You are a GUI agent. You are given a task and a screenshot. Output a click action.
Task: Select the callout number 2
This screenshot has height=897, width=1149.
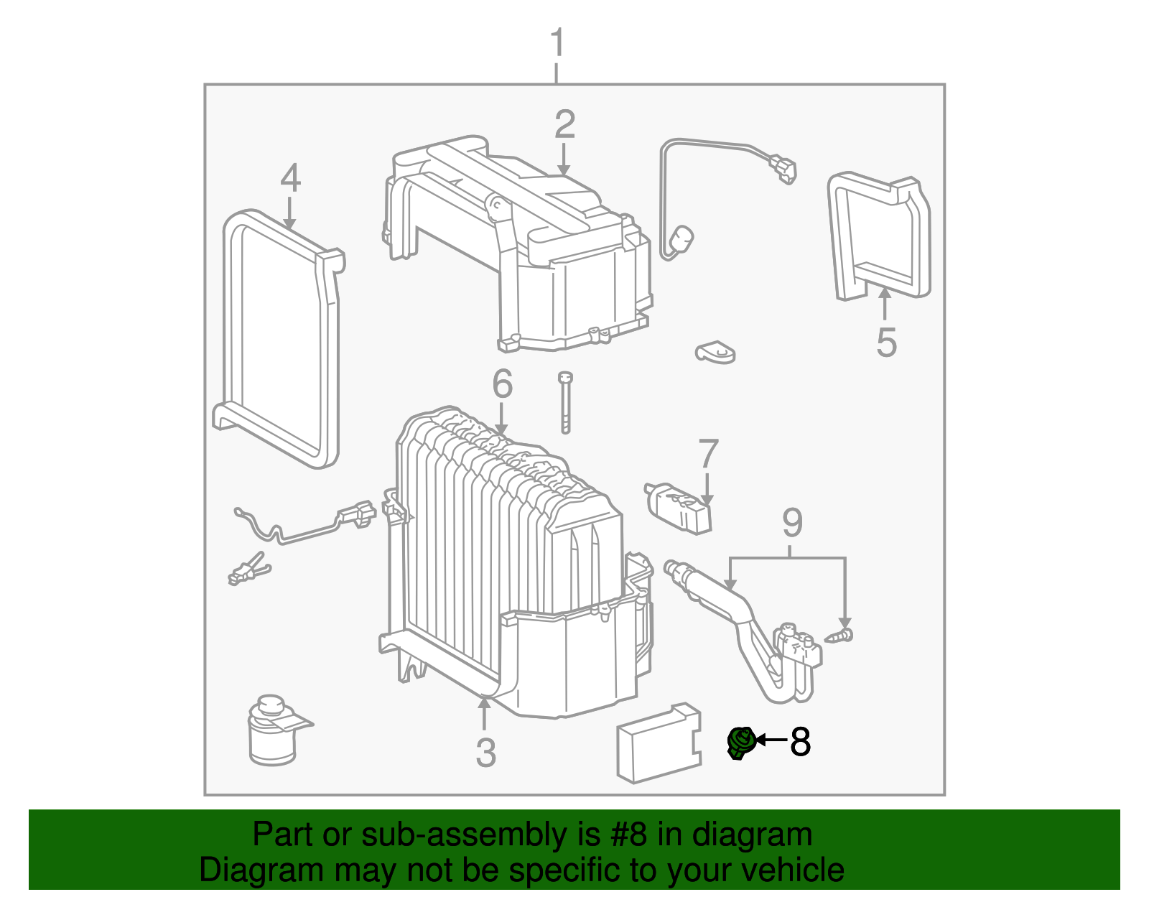[564, 124]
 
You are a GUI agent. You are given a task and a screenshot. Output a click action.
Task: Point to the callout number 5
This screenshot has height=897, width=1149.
[886, 342]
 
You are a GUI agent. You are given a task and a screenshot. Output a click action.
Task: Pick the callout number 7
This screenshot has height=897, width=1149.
[708, 454]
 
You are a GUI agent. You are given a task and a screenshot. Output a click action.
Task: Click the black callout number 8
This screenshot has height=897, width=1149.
[800, 742]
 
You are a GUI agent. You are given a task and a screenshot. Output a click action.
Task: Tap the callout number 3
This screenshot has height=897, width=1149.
[485, 753]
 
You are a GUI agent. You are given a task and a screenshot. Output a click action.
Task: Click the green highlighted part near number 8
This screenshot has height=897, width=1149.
[740, 742]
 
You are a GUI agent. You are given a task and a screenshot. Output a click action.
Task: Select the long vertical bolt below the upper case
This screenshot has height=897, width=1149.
[565, 402]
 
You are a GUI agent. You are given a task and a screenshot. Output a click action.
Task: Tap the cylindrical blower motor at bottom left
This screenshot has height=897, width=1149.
[271, 731]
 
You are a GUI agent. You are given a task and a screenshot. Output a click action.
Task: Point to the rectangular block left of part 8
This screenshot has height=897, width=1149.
[658, 743]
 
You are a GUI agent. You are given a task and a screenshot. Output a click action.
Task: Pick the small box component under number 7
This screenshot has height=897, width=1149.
[679, 507]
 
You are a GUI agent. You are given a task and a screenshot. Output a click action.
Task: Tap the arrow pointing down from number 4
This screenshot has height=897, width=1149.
[289, 213]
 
